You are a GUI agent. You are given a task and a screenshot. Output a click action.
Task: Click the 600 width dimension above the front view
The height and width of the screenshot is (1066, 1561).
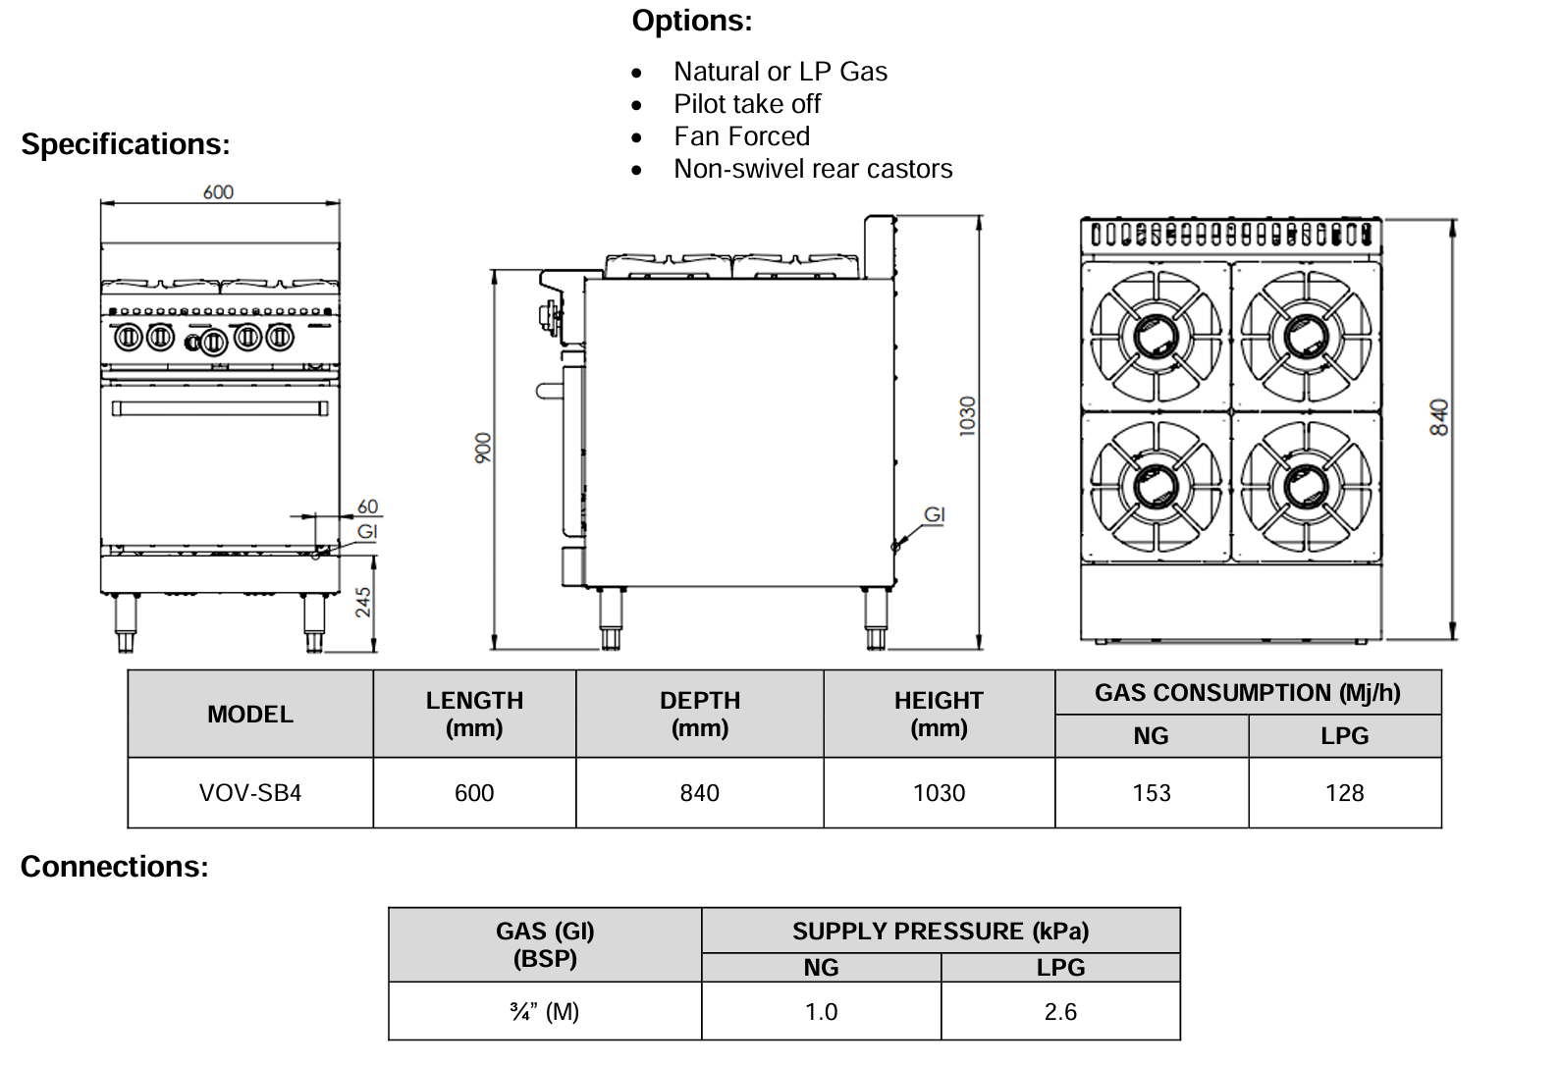[218, 192]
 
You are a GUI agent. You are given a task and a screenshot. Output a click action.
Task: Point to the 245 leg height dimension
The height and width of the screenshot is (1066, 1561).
[363, 602]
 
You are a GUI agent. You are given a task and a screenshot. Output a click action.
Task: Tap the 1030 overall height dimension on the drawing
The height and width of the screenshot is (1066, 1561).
[968, 416]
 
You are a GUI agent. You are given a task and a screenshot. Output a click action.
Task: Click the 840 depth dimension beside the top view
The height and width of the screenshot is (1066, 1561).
[1439, 417]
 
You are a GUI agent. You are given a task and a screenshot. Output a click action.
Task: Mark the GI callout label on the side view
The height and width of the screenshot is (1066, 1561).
[935, 514]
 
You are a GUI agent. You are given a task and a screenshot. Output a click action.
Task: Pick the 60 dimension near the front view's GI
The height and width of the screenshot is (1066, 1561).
[367, 506]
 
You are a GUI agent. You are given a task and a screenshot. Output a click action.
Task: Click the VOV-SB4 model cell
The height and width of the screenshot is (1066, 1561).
[250, 793]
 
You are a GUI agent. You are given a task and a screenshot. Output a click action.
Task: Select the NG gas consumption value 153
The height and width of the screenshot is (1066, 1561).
[1152, 793]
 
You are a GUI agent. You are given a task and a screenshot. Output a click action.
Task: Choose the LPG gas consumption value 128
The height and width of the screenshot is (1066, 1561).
[1344, 793]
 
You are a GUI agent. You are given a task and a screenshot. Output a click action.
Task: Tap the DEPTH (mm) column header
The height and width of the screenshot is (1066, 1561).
[699, 714]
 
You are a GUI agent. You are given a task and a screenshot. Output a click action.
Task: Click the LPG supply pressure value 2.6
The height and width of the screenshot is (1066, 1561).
[1060, 1012]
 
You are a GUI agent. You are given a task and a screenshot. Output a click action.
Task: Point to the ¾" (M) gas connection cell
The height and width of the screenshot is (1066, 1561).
[545, 1012]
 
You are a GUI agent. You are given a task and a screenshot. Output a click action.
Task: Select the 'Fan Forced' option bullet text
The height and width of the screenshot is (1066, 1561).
[741, 136]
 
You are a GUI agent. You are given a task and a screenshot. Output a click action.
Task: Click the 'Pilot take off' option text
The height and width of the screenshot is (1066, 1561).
[747, 104]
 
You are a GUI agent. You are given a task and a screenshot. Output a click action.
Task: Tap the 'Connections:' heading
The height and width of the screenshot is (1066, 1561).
[115, 867]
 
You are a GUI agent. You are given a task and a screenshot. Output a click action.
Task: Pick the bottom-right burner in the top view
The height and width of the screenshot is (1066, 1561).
[1306, 486]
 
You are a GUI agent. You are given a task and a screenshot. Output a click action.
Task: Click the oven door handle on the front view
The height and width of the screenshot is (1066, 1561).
[219, 407]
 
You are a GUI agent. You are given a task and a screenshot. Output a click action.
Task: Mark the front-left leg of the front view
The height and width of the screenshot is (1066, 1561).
[126, 622]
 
